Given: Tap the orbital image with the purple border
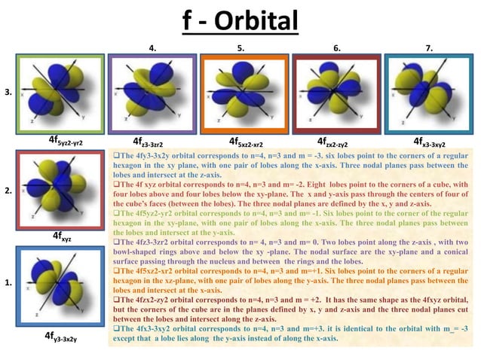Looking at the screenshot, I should [152, 93].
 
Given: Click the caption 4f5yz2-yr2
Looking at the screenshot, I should [66, 141].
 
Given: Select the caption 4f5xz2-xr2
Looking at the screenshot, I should [245, 141].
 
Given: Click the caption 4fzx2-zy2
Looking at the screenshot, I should [336, 141].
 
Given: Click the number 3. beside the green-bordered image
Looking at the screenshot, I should [8, 92].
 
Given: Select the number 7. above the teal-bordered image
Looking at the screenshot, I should [429, 47].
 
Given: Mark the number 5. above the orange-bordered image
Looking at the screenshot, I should [240, 47].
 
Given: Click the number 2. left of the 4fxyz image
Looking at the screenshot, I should [8, 191].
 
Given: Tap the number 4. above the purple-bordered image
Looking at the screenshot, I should [153, 47].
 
